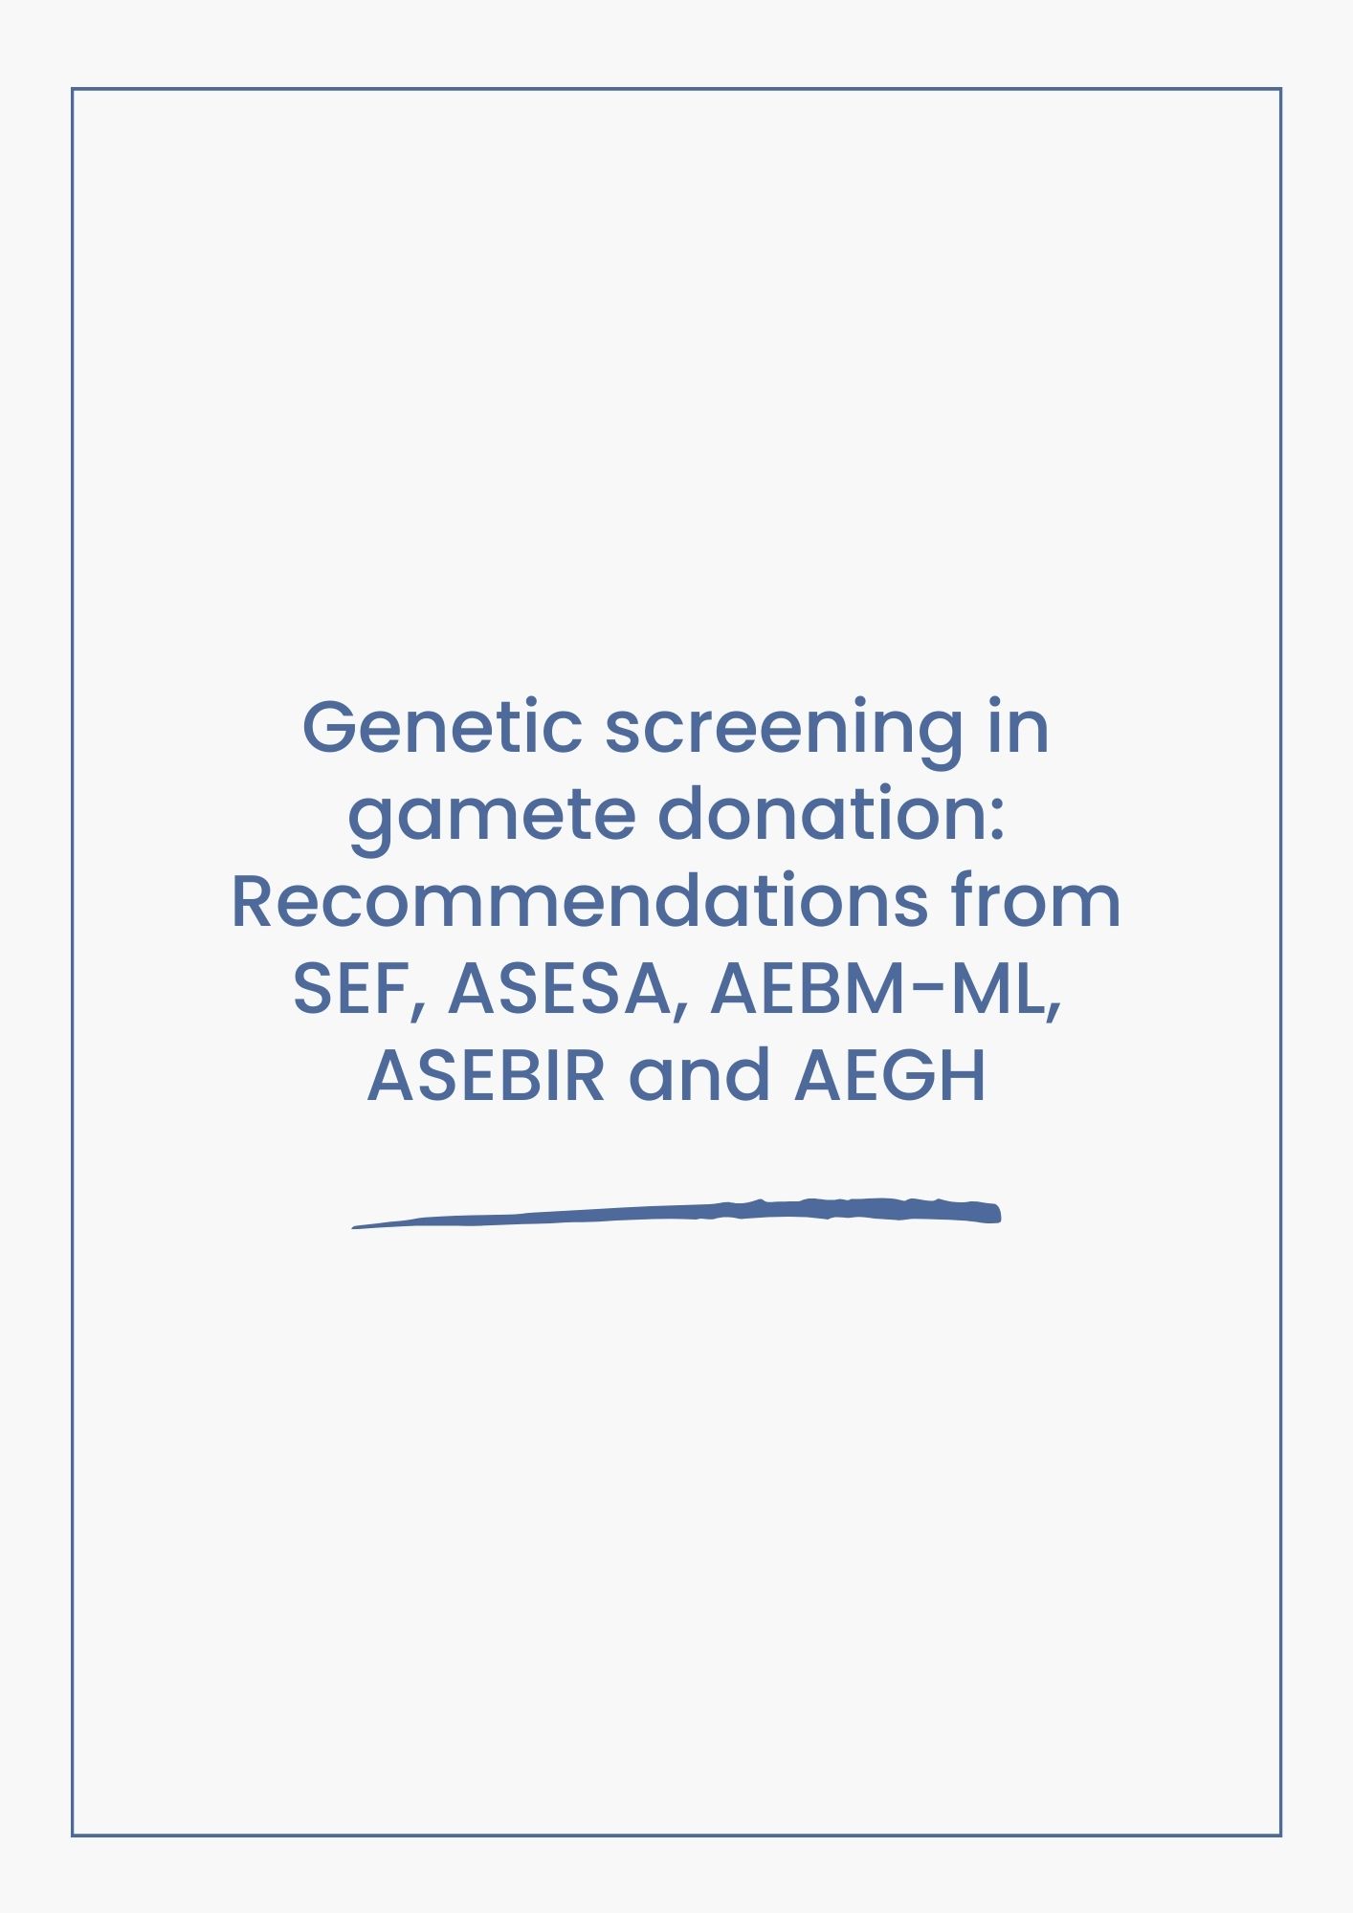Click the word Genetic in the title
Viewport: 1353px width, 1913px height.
442,727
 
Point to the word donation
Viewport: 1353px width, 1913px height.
822,814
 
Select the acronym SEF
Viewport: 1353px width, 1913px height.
349,989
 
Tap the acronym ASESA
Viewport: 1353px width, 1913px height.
559,989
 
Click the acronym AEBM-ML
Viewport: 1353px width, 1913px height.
878,989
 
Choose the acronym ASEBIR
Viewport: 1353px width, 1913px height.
486,1076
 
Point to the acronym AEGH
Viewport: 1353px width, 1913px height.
890,1076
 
